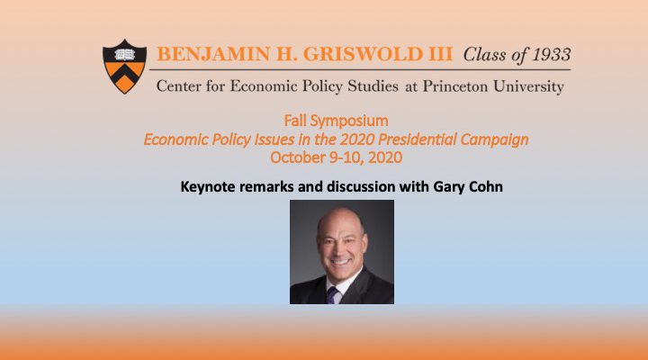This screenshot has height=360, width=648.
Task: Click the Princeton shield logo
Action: pyautogui.click(x=124, y=67)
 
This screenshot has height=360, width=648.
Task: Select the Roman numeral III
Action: pyautogui.click(x=440, y=54)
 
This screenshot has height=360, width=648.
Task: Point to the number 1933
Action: pyautogui.click(x=552, y=55)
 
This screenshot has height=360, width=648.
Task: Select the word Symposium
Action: pyautogui.click(x=349, y=121)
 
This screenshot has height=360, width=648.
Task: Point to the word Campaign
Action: pyautogui.click(x=494, y=139)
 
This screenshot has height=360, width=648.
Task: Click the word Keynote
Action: pyautogui.click(x=208, y=187)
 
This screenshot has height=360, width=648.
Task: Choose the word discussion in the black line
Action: pyautogui.click(x=361, y=186)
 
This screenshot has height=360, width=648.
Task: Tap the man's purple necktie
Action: pyautogui.click(x=332, y=295)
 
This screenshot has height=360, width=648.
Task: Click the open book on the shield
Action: pyautogui.click(x=124, y=54)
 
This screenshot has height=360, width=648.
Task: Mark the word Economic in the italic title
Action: pyautogui.click(x=176, y=139)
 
